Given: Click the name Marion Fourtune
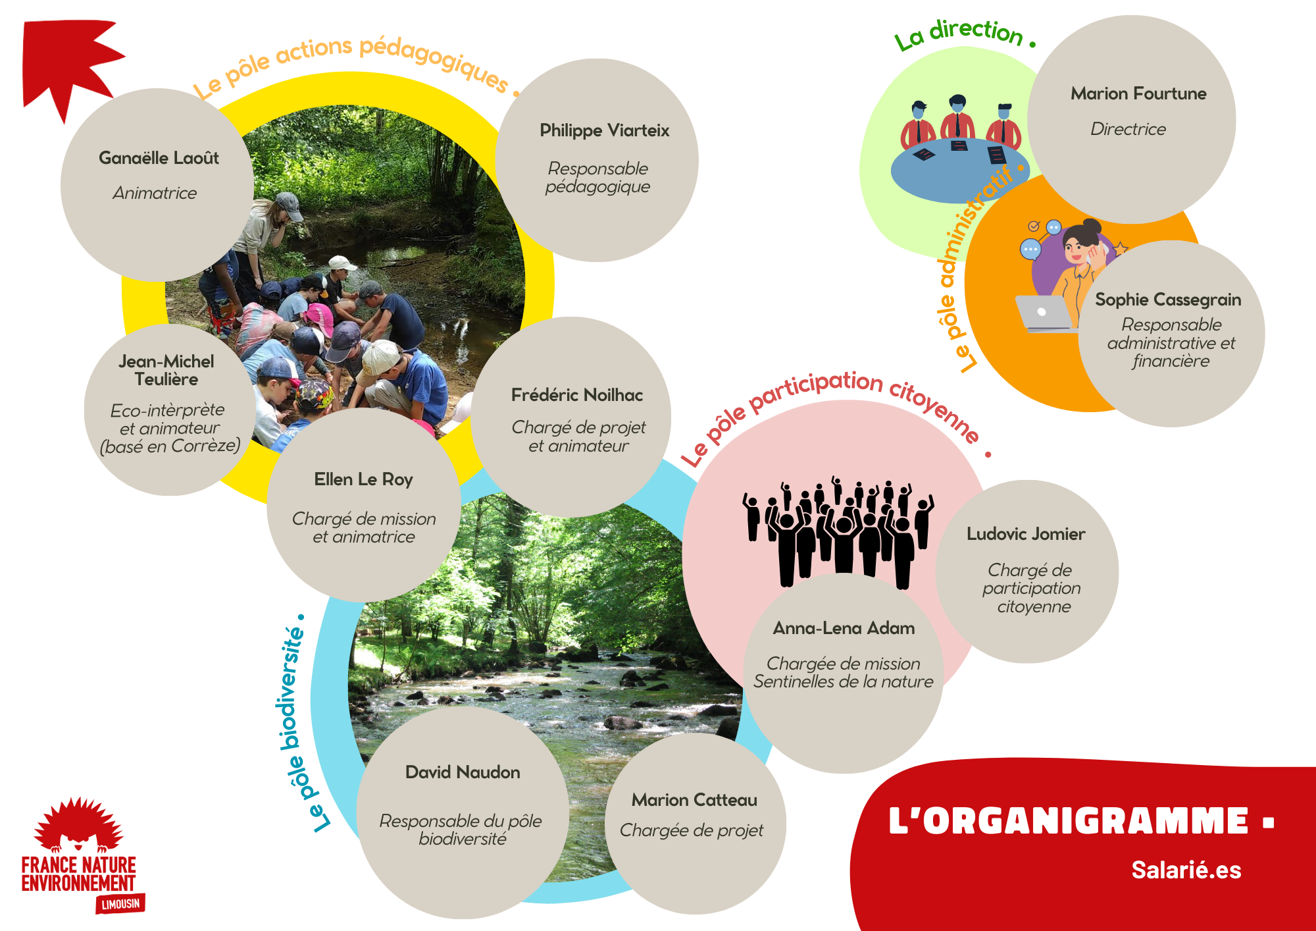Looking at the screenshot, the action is pos(1138,94).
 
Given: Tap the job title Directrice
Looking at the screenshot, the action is pos(1128,129).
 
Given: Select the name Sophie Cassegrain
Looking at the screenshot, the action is pos(1168,300).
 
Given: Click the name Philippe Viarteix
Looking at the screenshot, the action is pos(604,131).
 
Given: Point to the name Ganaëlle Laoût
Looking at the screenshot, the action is pos(159,158).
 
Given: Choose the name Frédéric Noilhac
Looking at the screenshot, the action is pos(577,395).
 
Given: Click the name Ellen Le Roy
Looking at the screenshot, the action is pos(363,479).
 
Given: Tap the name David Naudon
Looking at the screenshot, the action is pos(463,772).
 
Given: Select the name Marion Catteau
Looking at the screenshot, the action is pos(694,800).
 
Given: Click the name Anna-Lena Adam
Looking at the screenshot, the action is pos(844,628).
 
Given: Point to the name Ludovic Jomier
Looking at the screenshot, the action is pos(1026,534).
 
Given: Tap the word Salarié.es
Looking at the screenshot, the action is pos(1186,870).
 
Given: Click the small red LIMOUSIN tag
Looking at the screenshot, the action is pos(121,904).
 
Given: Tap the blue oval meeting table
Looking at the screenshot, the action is pos(959,170).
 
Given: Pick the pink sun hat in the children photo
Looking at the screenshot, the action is pos(318,317).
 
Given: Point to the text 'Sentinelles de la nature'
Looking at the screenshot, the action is pos(843,682).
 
